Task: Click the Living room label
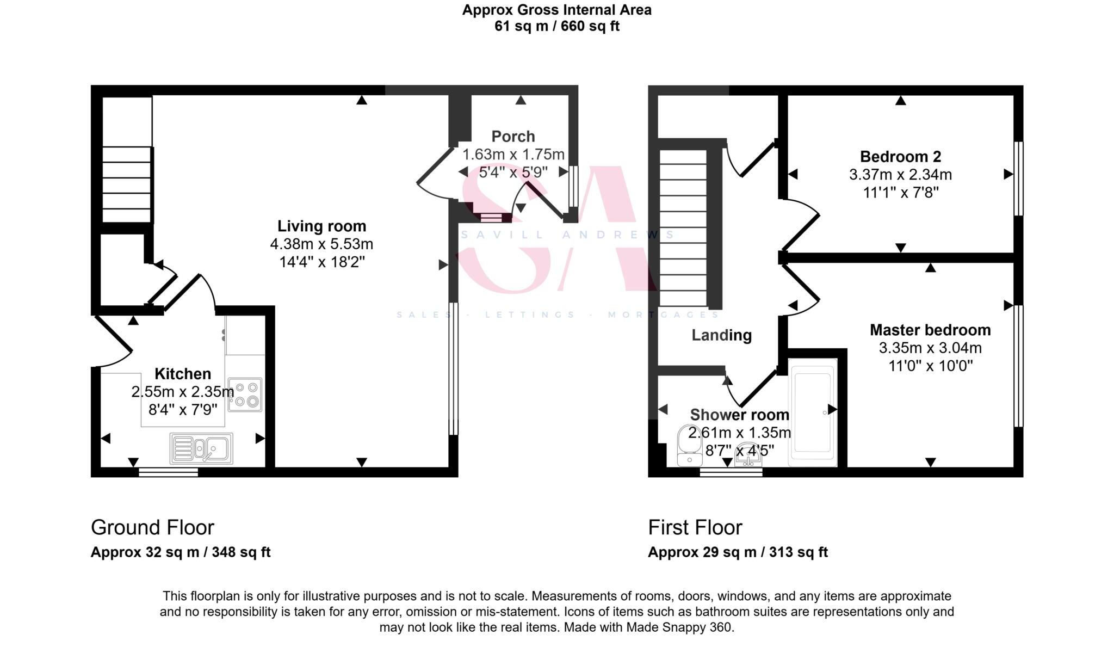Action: coord(321,226)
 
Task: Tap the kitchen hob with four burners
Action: coord(245,395)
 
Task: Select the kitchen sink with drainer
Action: coord(201,448)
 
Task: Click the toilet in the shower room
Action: coord(689,445)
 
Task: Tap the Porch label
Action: coord(513,136)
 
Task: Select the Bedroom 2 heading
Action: coord(900,157)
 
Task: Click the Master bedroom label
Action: coord(930,330)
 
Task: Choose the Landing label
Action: coord(721,335)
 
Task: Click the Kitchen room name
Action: coord(183,374)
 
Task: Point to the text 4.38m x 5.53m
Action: coord(321,244)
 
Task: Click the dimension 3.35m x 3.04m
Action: coord(930,348)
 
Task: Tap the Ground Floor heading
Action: coord(152,527)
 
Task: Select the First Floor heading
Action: coord(695,527)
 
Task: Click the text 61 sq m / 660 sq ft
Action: coord(556,26)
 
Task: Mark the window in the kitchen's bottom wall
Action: coord(168,472)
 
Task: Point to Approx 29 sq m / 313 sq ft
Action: coord(738,552)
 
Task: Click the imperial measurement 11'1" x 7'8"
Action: coord(900,193)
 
